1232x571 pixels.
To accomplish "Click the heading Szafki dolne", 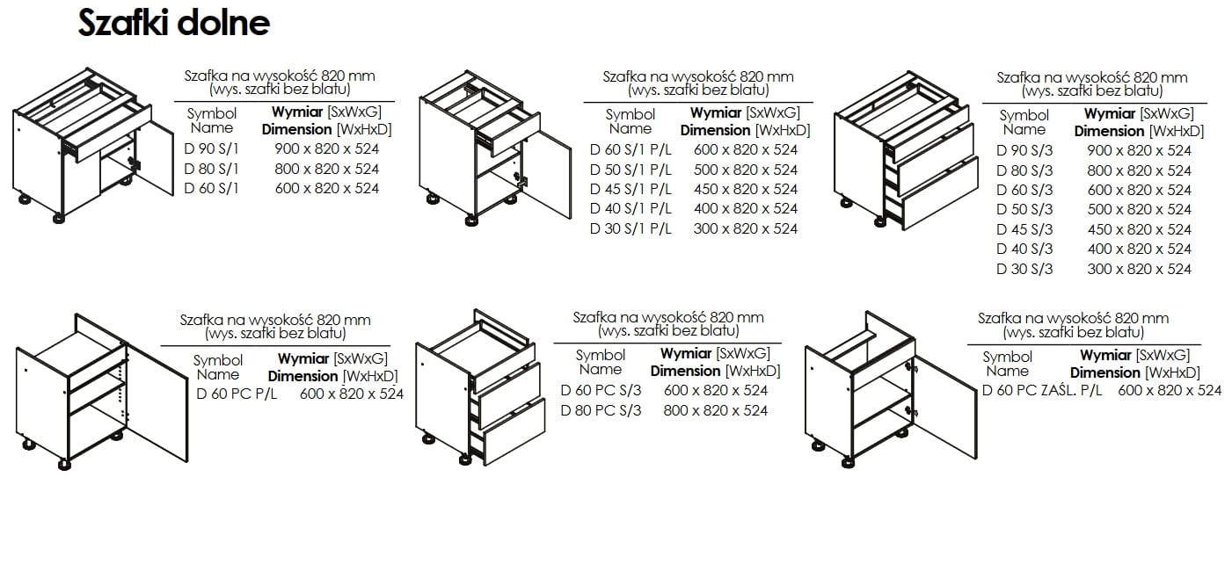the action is tap(174, 23).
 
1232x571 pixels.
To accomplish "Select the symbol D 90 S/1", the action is tap(211, 149).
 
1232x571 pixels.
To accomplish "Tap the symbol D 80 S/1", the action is tap(211, 169).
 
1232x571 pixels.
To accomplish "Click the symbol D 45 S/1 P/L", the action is tap(631, 189).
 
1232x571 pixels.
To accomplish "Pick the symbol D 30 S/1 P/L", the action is tap(631, 228).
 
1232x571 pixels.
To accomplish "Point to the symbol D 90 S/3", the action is tap(1024, 150).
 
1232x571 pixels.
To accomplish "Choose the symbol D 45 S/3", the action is tap(1024, 229).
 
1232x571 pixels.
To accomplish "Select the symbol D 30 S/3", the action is tap(1024, 269).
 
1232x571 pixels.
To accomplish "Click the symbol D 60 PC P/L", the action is tap(237, 394).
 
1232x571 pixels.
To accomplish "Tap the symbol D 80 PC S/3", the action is tap(601, 410).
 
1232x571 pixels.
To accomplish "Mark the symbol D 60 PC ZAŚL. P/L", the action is tap(1042, 390).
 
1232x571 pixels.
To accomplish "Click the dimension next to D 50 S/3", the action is tap(1139, 209).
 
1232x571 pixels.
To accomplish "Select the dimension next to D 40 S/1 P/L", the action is tap(745, 209).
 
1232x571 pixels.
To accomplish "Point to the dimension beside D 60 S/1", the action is tap(327, 189).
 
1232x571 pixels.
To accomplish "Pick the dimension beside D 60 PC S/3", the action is tap(716, 391).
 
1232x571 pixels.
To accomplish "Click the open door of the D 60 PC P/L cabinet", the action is tap(158, 404).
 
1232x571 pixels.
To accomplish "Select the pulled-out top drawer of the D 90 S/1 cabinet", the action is tap(108, 132).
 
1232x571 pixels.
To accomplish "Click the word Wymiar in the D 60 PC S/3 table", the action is tap(686, 353).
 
